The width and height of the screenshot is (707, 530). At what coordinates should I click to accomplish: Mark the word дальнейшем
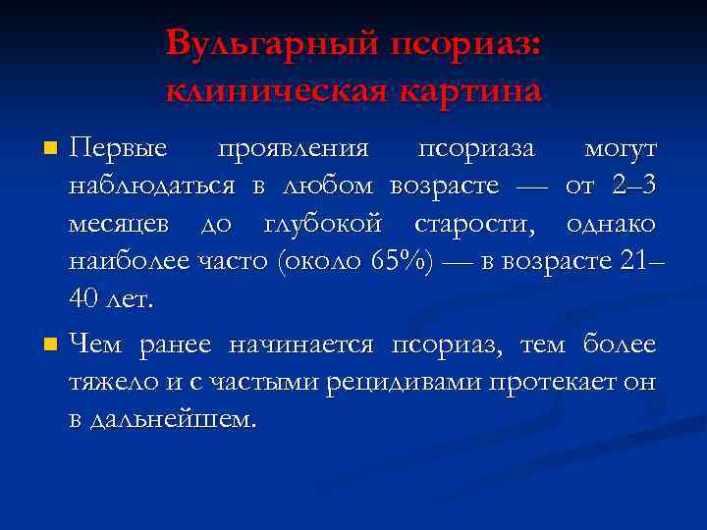[174, 419]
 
